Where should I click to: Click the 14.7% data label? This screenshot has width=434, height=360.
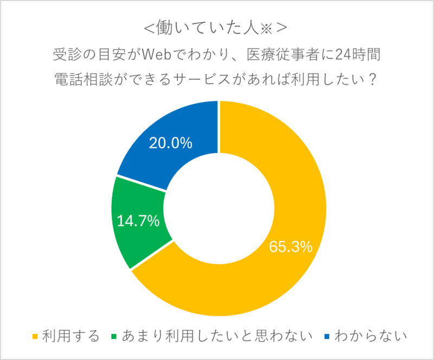point(138,221)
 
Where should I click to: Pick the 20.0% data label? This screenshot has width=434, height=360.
point(170,143)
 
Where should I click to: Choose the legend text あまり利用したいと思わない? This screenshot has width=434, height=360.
point(218,336)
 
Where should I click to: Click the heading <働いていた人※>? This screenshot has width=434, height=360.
point(216,28)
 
